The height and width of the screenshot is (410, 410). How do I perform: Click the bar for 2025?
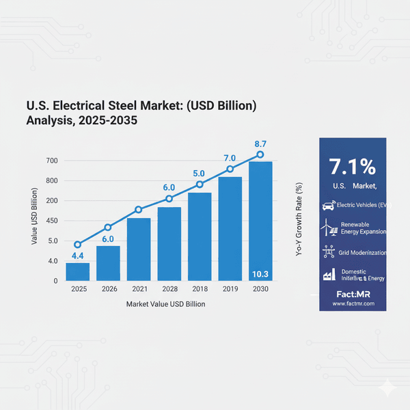(x=77, y=271)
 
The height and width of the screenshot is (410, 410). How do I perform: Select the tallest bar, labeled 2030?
(x=260, y=220)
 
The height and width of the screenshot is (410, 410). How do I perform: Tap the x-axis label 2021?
(x=139, y=290)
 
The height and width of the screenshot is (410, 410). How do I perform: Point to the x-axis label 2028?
(x=169, y=290)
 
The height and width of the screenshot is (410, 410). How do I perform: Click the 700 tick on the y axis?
(x=52, y=161)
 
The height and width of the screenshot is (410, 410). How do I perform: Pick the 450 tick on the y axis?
(x=52, y=221)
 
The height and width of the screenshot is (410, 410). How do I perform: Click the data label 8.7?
(x=260, y=144)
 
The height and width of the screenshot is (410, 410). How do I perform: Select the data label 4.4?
(x=78, y=256)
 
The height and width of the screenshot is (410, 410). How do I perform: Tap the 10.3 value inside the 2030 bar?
(x=260, y=274)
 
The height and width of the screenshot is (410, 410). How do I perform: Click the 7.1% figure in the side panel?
(x=352, y=167)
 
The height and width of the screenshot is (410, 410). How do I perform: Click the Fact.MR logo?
(x=353, y=293)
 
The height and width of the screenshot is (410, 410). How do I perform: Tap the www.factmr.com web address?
(x=353, y=303)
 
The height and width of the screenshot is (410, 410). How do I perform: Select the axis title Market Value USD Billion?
(x=163, y=304)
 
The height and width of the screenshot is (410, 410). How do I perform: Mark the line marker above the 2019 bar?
(x=230, y=169)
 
